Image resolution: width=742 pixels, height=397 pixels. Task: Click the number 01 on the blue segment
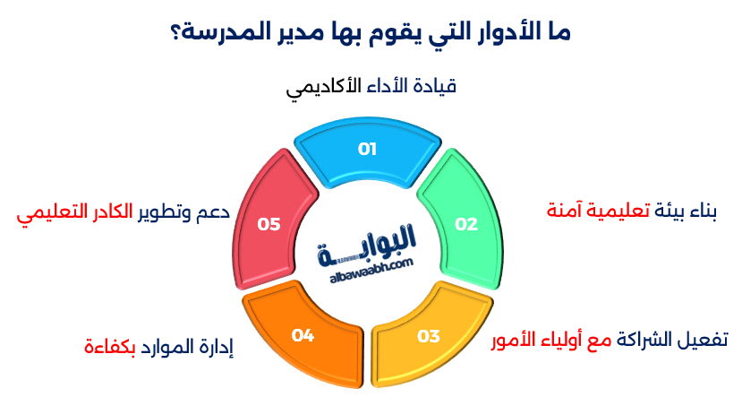pyautogui.click(x=367, y=149)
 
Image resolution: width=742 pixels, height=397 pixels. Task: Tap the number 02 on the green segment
pyautogui.click(x=466, y=224)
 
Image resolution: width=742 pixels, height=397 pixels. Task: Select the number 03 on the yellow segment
pyautogui.click(x=429, y=336)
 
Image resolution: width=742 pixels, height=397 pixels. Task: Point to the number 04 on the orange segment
pyautogui.click(x=303, y=335)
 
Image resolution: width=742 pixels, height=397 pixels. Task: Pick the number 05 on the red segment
pyautogui.click(x=269, y=224)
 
